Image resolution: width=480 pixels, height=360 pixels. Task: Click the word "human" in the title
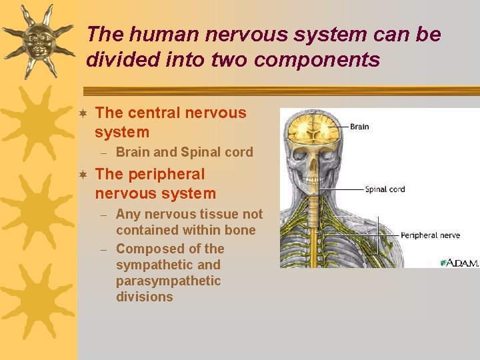click(154, 34)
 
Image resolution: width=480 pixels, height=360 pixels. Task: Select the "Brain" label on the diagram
click(359, 127)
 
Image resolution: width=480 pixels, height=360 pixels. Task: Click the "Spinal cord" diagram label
click(385, 189)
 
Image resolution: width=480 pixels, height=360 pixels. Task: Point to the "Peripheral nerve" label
click(430, 235)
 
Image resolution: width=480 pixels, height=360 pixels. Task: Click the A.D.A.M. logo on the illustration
click(459, 262)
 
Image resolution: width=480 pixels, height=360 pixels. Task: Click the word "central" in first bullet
click(155, 113)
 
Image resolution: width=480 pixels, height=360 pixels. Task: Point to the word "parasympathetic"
click(168, 281)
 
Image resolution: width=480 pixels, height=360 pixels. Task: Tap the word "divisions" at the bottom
click(144, 297)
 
